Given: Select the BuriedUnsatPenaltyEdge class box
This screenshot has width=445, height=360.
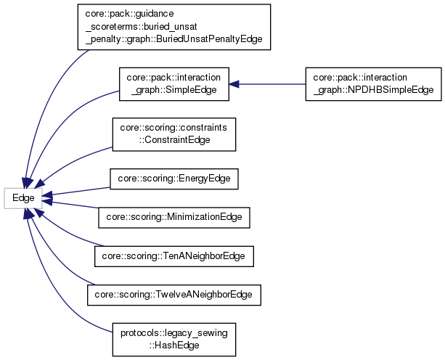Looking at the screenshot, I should click(173, 27).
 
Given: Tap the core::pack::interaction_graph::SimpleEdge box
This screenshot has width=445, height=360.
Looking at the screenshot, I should click(173, 84).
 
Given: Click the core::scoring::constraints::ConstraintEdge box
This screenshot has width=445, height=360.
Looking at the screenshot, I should click(173, 134).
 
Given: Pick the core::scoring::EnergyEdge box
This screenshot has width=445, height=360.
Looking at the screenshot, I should click(173, 179).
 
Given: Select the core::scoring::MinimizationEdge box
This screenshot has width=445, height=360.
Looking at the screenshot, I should click(174, 216).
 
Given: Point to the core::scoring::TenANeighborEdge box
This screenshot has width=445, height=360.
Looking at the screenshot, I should click(174, 255).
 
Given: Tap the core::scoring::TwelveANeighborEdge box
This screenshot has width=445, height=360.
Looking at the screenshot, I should click(173, 294).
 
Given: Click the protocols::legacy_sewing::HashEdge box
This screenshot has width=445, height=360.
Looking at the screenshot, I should click(173, 337).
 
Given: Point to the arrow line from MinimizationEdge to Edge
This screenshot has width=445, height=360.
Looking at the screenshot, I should click(73, 206).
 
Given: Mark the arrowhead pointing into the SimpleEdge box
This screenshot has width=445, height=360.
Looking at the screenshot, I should click(234, 84).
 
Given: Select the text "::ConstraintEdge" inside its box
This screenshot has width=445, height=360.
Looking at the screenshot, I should click(174, 139).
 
